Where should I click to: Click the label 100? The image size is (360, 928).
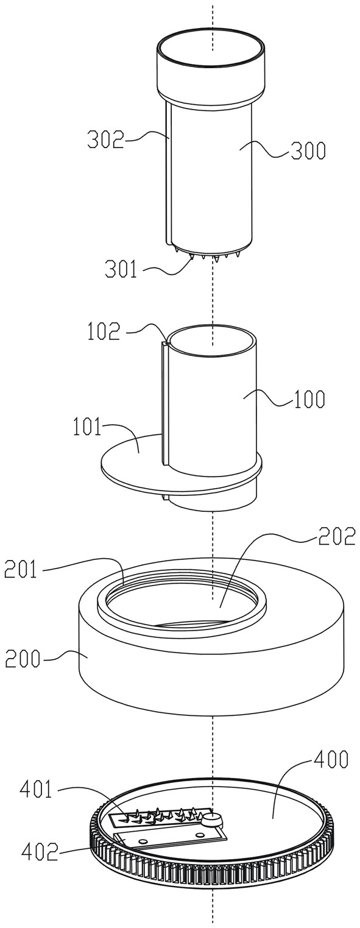[x=309, y=398]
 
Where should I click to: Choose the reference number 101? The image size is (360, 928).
[x=87, y=427]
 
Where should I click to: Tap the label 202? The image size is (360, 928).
[x=336, y=536]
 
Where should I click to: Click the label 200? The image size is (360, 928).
[x=23, y=658]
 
